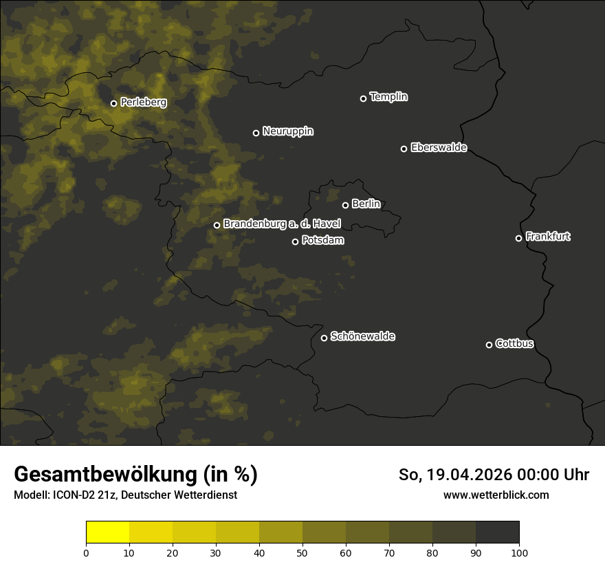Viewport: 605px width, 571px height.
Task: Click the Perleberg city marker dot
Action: pos(113,104)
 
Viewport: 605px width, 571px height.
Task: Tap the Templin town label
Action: pos(388,97)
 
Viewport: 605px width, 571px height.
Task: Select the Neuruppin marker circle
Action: pos(256,133)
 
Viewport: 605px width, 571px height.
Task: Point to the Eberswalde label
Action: pos(439,148)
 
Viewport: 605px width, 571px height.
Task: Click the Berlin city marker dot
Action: pos(345,205)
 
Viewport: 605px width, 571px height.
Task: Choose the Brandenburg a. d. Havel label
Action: pos(282,224)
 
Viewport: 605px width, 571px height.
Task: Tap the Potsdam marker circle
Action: pos(295,241)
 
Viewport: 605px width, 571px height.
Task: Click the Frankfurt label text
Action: pos(548,237)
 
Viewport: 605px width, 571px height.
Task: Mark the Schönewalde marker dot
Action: pos(324,338)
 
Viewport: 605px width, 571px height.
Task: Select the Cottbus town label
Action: pos(514,344)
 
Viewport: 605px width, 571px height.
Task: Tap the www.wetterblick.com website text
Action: pos(496,495)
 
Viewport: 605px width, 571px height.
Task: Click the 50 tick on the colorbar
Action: pos(302,552)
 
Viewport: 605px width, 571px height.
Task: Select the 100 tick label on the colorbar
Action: pos(519,552)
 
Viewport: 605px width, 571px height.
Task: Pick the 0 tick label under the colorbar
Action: pos(86,552)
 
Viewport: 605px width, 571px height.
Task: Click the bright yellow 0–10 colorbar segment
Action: pos(107,532)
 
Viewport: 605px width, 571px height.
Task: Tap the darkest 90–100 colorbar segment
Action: pos(497,532)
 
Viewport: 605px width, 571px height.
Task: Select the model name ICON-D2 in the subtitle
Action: pos(73,495)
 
